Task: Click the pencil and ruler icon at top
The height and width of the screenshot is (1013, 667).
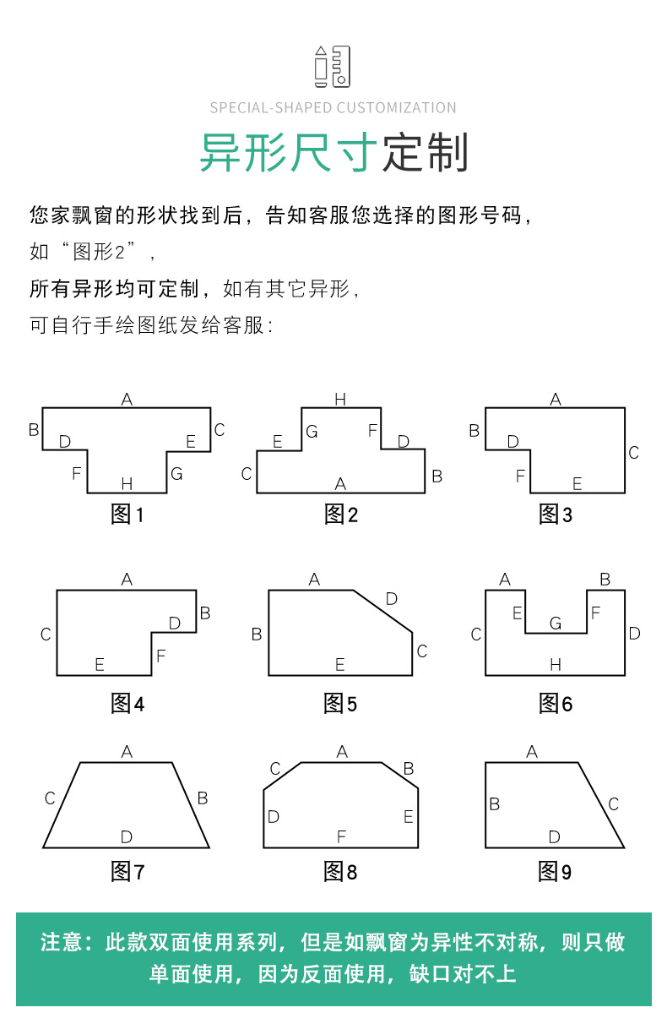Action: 333,67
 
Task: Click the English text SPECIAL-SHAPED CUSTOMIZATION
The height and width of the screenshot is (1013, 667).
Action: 333,108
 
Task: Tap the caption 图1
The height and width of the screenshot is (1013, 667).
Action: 127,515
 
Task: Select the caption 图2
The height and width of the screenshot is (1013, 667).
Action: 340,515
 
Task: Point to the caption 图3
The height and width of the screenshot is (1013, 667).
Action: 556,515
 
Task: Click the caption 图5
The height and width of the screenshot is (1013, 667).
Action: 340,703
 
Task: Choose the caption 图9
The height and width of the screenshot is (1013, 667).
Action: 556,872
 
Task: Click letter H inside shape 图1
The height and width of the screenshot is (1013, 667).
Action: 127,483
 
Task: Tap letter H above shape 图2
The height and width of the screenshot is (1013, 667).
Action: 340,400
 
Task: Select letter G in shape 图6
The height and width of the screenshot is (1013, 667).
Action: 556,624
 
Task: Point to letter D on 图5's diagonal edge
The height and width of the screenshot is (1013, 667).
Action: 391,599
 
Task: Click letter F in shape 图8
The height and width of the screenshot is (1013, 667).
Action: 341,836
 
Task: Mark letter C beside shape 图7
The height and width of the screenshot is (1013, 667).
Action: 50,798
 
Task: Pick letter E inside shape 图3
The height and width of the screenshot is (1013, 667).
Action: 578,483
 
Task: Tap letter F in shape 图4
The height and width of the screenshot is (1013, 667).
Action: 160,656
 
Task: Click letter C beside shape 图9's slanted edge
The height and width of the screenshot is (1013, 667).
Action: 614,804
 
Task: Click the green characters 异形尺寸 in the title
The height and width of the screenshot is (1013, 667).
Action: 289,153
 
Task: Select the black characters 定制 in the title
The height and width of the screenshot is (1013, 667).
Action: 426,153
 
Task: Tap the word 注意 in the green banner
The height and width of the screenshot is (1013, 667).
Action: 62,942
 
